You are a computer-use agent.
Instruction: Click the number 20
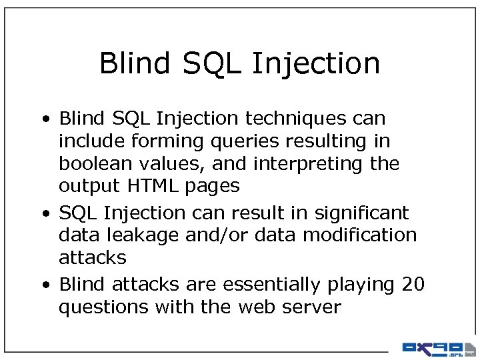tap(413, 284)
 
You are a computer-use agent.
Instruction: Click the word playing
tap(361, 285)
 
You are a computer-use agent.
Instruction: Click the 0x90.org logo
tap(437, 348)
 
